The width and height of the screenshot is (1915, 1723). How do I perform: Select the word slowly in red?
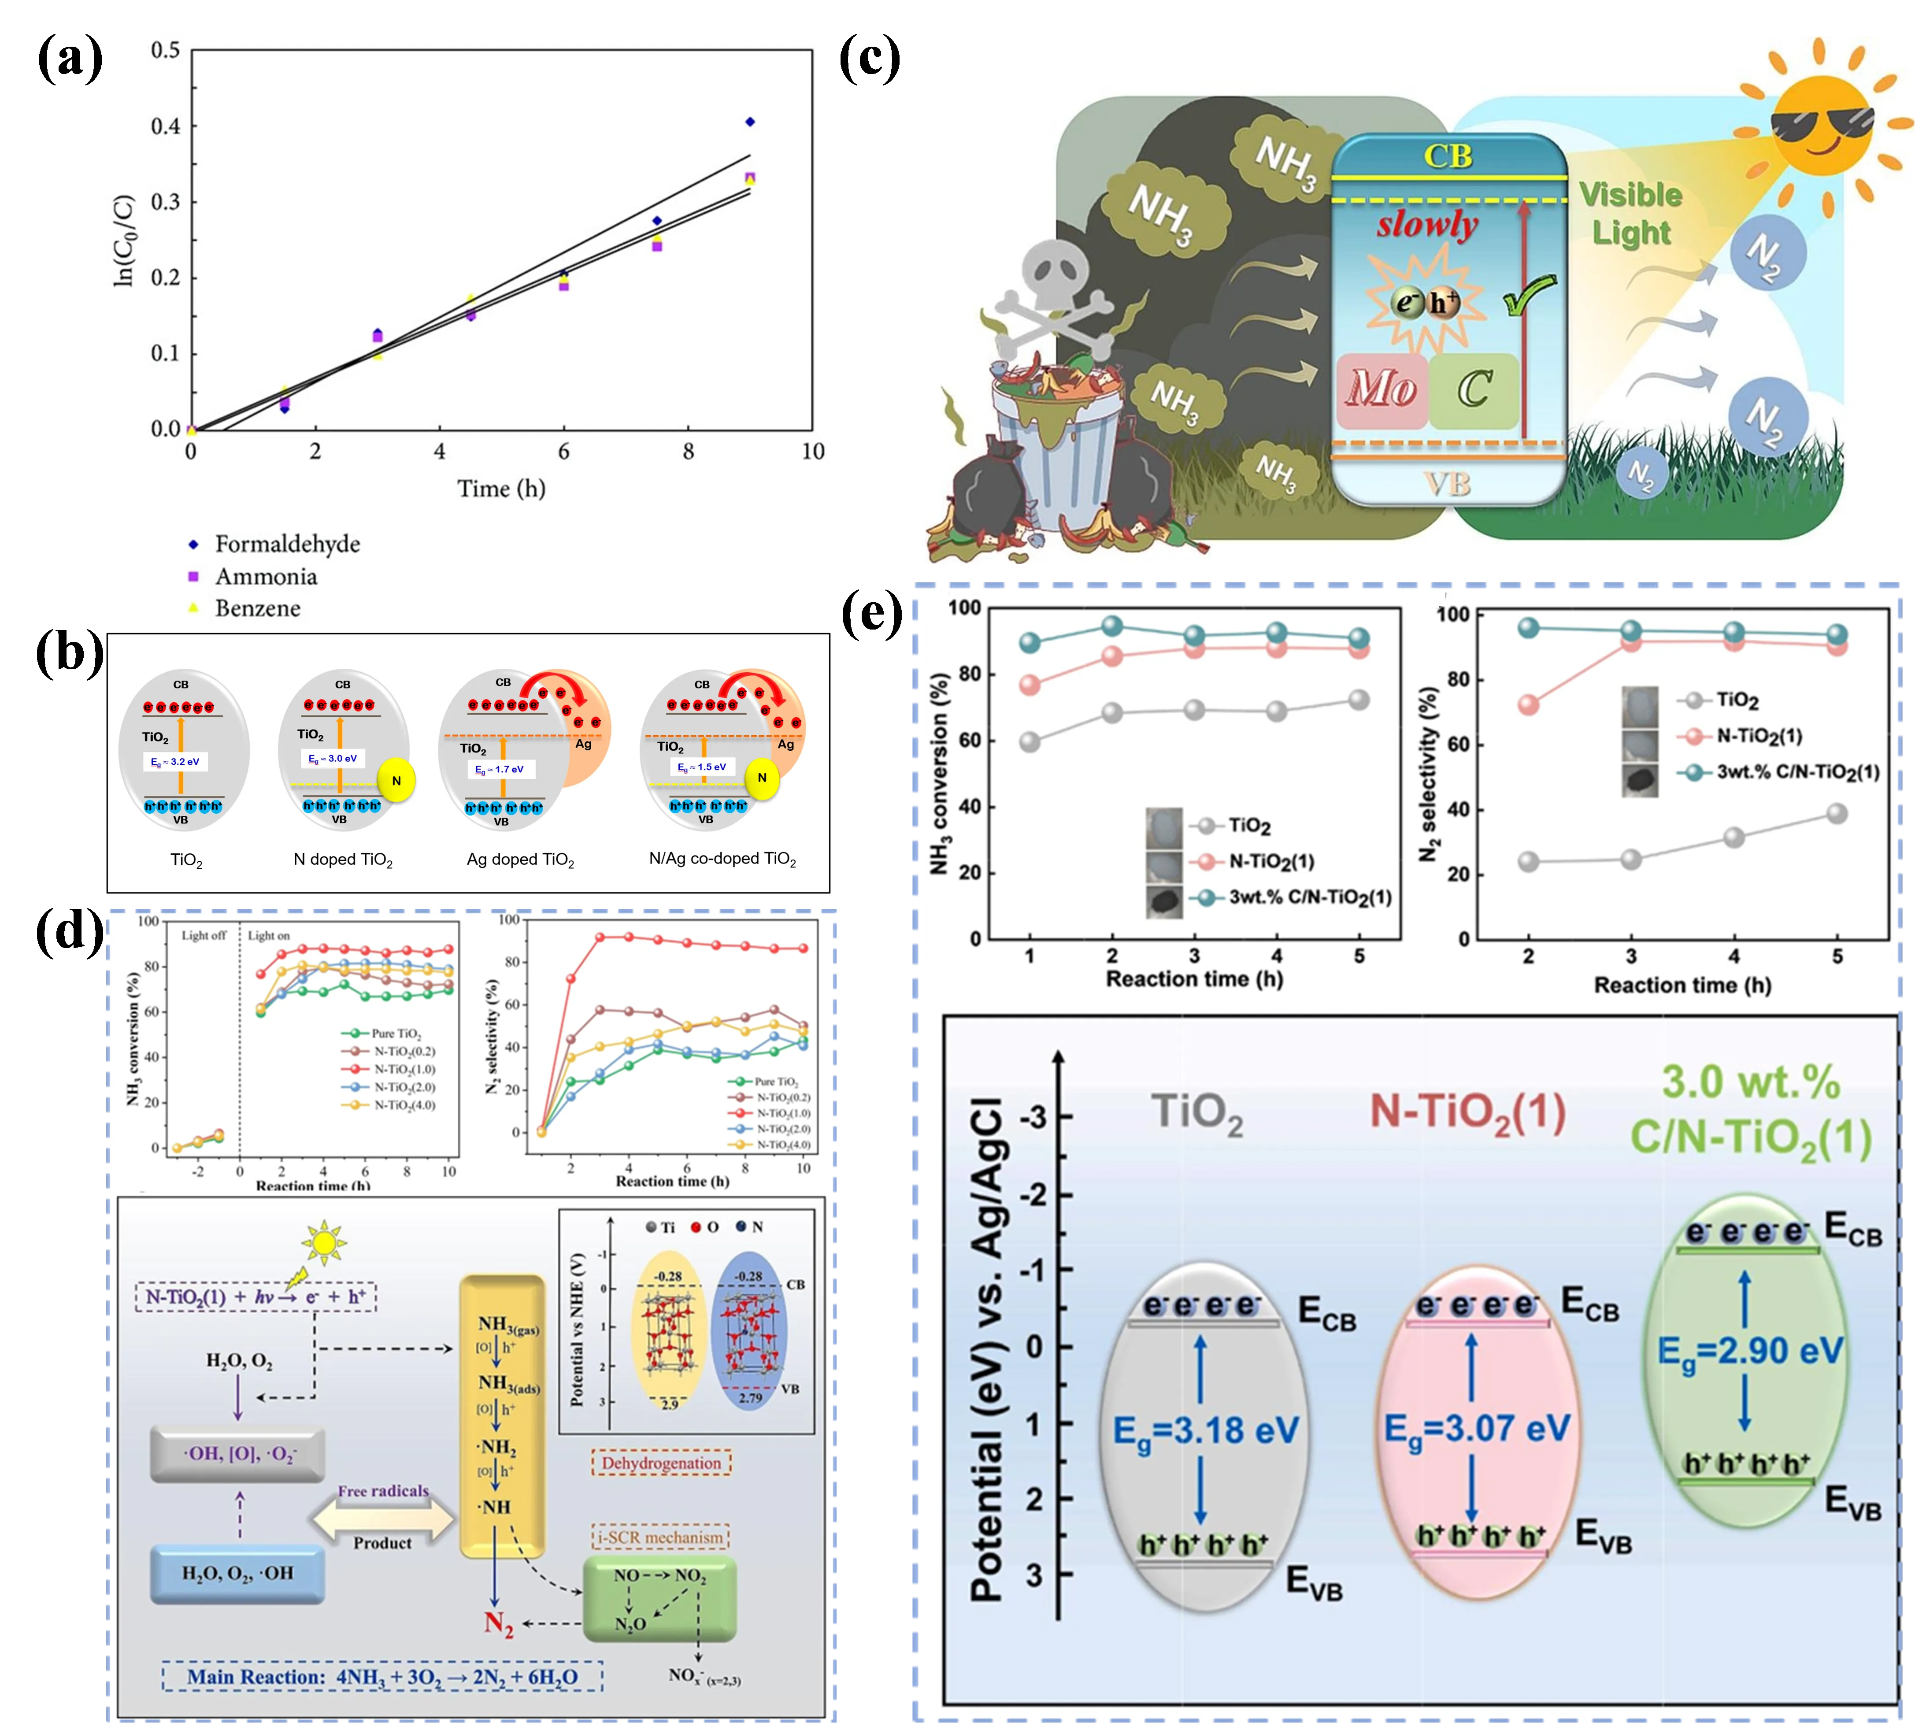click(1426, 225)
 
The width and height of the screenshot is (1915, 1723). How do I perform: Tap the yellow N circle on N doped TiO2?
click(396, 781)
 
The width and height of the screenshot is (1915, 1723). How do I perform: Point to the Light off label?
click(204, 935)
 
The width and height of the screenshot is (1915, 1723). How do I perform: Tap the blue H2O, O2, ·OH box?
click(237, 1572)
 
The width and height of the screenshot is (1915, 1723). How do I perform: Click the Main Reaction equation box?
click(382, 1677)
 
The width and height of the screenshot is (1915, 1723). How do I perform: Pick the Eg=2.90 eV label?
click(1750, 1351)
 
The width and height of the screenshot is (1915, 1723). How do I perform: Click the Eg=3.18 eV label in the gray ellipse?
click(1205, 1430)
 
